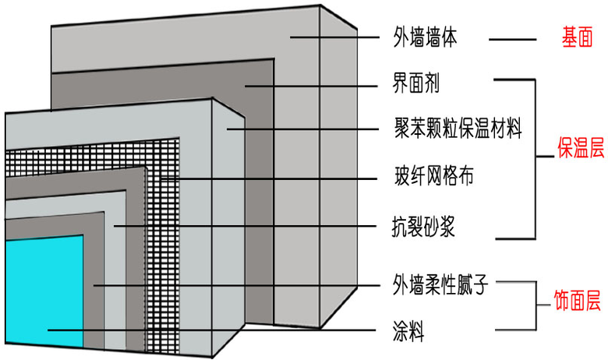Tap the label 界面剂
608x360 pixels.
pyautogui.click(x=417, y=83)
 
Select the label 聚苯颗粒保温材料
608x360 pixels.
pyautogui.click(x=458, y=126)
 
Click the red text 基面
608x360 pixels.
pyautogui.click(x=578, y=37)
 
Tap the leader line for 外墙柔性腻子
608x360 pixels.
pyautogui.click(x=234, y=284)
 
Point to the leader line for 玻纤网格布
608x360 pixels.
pyautogui.click(x=273, y=178)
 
